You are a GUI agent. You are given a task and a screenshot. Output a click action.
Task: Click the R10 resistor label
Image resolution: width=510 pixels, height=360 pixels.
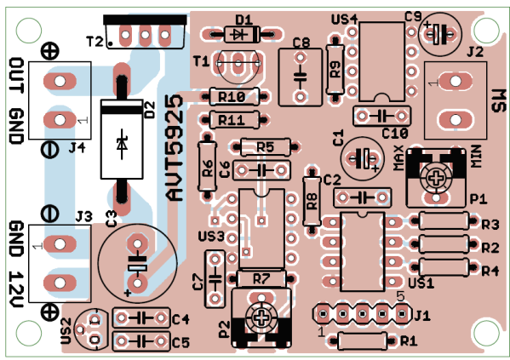click(x=232, y=96)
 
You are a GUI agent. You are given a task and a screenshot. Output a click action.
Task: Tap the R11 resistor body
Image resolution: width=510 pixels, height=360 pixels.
click(x=234, y=120)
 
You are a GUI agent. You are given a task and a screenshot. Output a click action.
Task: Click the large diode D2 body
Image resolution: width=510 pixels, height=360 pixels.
click(x=122, y=140)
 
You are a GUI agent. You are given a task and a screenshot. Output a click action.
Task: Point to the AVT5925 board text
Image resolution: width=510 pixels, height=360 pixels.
click(x=175, y=148)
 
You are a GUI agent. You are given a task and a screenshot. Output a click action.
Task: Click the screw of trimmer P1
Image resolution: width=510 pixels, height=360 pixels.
click(x=436, y=178)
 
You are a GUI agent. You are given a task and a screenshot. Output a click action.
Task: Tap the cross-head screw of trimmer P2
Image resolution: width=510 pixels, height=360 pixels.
click(x=261, y=318)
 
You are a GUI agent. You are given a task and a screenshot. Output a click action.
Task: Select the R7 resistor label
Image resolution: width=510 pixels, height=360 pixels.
click(x=261, y=278)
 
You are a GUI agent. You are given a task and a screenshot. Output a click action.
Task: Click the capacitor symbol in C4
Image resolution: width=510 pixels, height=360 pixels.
click(x=140, y=317)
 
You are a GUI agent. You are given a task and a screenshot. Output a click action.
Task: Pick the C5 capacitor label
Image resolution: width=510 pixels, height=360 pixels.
click(x=181, y=343)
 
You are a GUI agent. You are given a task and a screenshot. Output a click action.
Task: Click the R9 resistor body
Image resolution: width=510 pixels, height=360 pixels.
click(x=335, y=69)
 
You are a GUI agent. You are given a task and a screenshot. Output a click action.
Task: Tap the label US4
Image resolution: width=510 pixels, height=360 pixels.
click(x=345, y=20)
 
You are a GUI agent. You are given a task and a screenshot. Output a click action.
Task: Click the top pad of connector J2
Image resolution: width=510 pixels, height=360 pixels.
click(x=456, y=81)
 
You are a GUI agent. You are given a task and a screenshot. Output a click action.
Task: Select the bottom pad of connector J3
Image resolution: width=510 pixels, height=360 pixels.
click(x=60, y=283)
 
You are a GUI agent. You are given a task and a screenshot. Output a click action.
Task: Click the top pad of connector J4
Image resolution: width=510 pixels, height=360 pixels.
click(x=60, y=81)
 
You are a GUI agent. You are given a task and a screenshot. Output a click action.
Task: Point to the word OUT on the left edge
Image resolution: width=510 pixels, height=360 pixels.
click(x=15, y=75)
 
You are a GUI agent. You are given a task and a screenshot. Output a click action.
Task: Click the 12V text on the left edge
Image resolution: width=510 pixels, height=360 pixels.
click(x=15, y=289)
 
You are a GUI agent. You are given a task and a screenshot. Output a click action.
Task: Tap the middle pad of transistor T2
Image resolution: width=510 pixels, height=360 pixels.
click(x=145, y=35)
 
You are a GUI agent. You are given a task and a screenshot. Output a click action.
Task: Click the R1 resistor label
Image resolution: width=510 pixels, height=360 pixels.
click(x=409, y=341)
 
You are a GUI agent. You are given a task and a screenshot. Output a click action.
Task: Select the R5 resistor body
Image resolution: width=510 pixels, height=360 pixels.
click(x=265, y=147)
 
